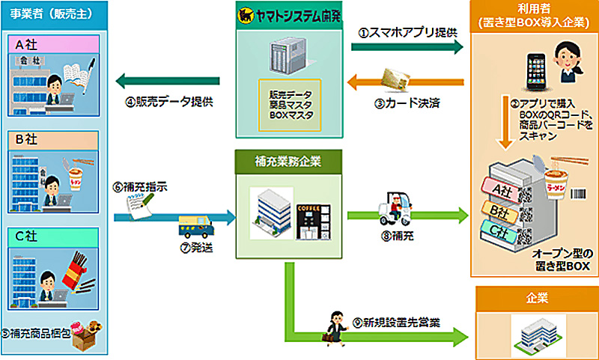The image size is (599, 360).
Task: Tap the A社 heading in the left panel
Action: pos(55,44)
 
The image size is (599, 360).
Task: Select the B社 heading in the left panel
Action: pos(55,141)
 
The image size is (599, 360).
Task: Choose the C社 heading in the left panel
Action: pos(55,237)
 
